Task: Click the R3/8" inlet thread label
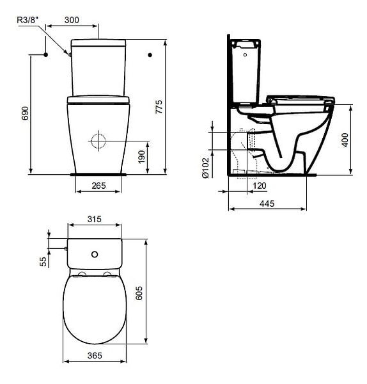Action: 28,20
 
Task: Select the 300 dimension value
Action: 72,20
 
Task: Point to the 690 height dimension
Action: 25,113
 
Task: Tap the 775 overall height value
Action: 159,106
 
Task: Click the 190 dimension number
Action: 142,157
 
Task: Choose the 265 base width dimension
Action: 98,186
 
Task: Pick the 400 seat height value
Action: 345,140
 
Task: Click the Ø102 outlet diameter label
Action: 205,168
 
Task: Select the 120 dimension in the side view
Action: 260,186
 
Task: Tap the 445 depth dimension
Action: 267,204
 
